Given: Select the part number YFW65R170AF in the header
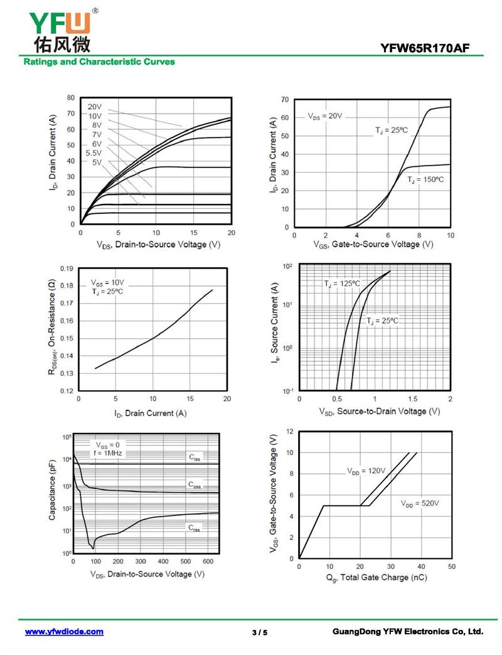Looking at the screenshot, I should tap(425, 48).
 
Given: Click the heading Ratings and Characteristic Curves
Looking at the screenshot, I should tap(99, 62).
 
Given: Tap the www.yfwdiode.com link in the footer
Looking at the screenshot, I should tap(64, 632).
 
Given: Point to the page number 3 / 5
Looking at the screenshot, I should tap(260, 632).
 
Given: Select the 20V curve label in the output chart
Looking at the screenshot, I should tap(95, 107).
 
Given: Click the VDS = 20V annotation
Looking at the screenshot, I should tap(325, 116).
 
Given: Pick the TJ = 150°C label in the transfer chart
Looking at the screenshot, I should tap(425, 180).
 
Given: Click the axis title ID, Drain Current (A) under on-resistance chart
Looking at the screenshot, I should tap(151, 413).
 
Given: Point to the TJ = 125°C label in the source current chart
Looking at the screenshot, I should tap(342, 284).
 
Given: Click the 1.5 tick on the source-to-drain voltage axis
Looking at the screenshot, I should tap(412, 398).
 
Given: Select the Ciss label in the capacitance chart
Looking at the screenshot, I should tap(195, 458).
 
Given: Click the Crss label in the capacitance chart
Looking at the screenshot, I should tap(195, 528).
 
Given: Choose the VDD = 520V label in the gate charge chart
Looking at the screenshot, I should tap(420, 503).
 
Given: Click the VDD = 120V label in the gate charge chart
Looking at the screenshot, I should tap(366, 470).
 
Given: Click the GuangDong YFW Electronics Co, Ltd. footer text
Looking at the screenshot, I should tap(407, 632).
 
